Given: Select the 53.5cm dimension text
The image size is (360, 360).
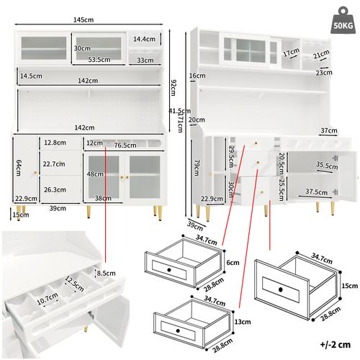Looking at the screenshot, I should pyautogui.click(x=99, y=60).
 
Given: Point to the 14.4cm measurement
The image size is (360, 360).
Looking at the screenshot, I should pyautogui.click(x=144, y=39).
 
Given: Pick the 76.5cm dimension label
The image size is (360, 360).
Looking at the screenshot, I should pyautogui.click(x=127, y=145).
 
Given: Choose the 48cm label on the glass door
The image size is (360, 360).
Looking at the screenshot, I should pyautogui.click(x=94, y=174).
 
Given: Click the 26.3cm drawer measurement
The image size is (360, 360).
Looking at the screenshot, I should pyautogui.click(x=51, y=190).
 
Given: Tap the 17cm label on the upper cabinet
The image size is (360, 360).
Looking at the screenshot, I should pyautogui.click(x=290, y=53).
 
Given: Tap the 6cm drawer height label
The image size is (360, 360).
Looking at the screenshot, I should pyautogui.click(x=231, y=263).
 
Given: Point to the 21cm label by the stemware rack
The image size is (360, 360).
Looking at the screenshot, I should pyautogui.click(x=321, y=55).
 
